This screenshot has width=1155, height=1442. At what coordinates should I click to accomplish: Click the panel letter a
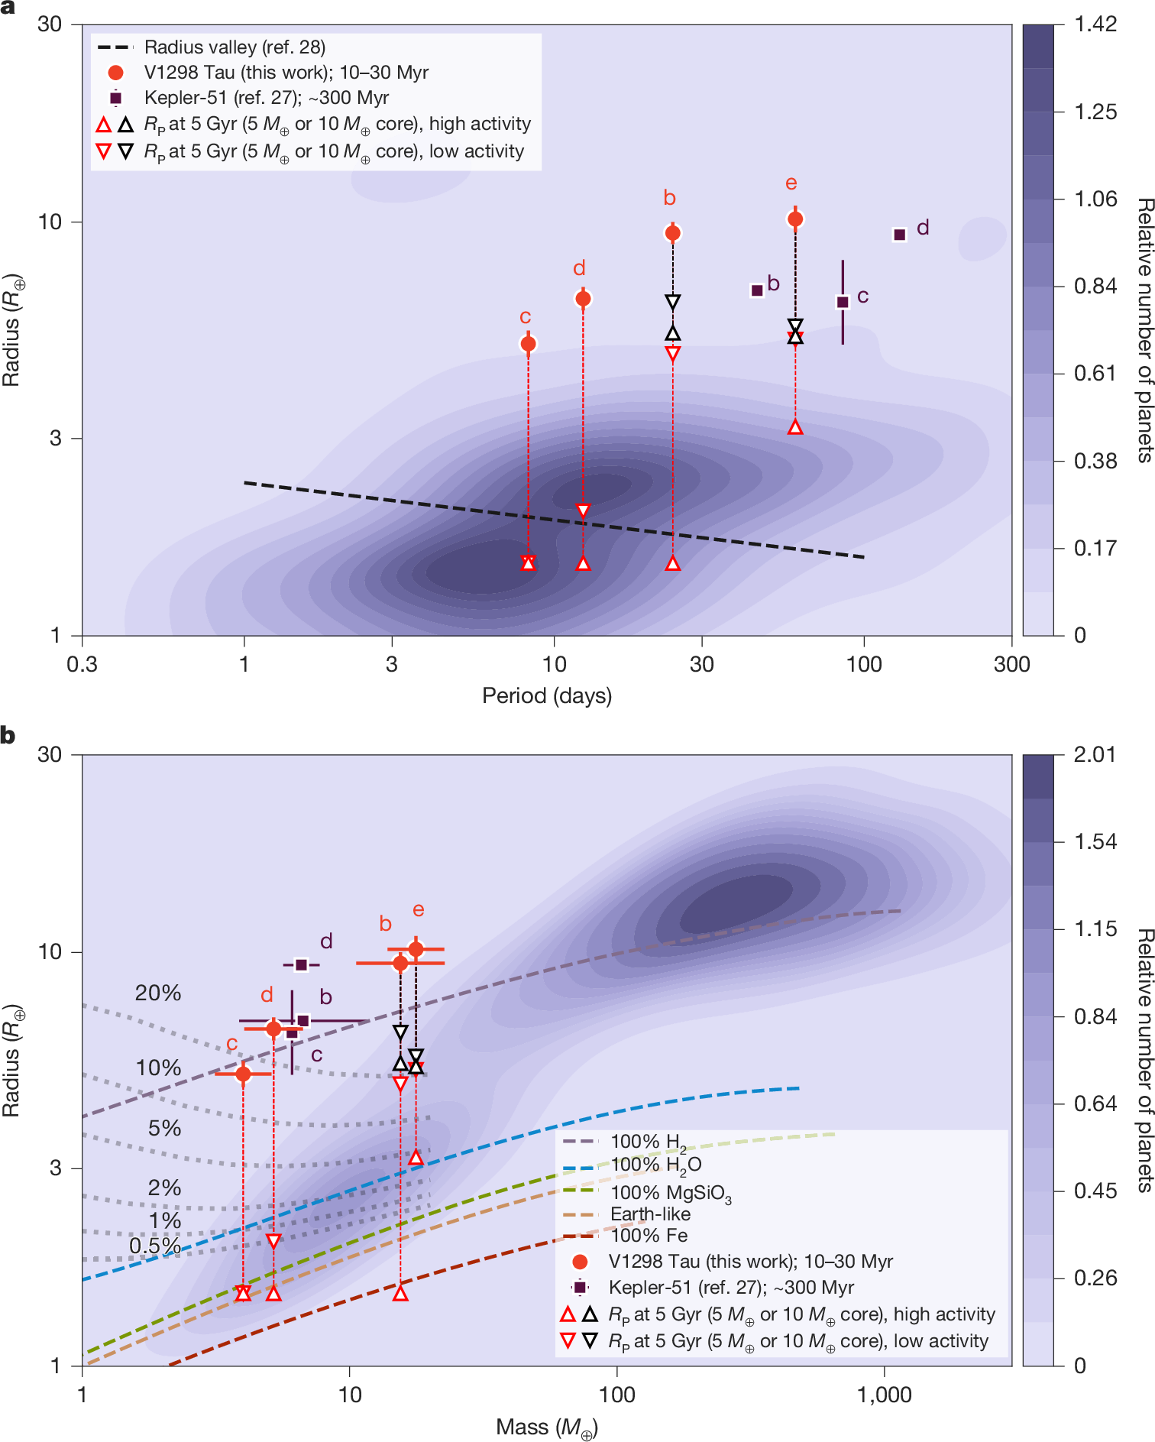[8, 7]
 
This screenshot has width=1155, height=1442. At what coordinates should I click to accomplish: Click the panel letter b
[8, 735]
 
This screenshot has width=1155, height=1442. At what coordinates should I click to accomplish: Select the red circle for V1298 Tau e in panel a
[795, 219]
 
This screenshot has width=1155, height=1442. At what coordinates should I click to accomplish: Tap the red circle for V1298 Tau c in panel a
[528, 344]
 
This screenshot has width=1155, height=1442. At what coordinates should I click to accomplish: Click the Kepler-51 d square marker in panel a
[900, 235]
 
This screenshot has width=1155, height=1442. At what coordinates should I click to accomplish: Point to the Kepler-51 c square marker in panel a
[843, 302]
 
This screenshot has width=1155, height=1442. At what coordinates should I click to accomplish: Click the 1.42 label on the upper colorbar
[1095, 24]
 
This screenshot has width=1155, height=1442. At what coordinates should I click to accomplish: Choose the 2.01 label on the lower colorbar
[1095, 754]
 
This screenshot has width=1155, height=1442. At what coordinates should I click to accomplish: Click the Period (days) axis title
[547, 695]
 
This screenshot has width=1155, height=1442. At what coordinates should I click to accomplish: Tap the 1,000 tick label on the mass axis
[884, 1395]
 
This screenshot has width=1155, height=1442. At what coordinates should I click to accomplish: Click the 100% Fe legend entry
[649, 1236]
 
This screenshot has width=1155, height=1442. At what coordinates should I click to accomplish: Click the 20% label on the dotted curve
[158, 993]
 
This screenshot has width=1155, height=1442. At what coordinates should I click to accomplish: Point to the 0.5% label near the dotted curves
[154, 1246]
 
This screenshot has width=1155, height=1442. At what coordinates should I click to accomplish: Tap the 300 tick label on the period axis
[1011, 664]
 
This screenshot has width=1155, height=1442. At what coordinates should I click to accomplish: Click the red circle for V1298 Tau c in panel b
[243, 1074]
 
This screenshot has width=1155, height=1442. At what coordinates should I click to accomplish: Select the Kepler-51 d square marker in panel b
[301, 964]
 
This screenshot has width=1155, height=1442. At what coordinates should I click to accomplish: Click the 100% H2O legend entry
[655, 1165]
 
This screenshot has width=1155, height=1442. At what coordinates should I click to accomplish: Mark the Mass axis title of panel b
[547, 1427]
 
